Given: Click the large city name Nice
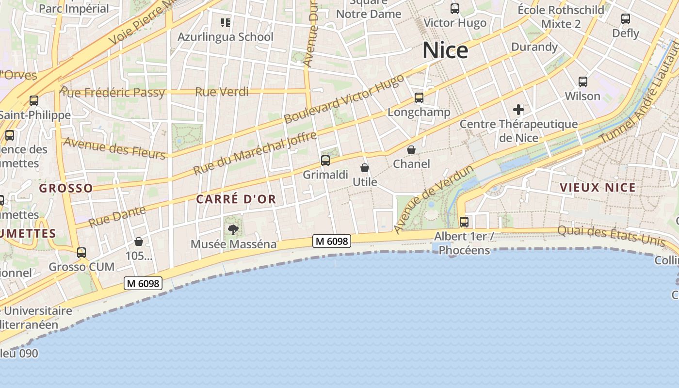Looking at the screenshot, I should coord(445,50).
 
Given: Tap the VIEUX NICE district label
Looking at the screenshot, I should coord(597,188).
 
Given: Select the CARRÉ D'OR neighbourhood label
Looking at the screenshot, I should coord(236,199).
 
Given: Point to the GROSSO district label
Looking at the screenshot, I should coord(66,188).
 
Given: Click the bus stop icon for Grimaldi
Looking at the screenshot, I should coord(325,161).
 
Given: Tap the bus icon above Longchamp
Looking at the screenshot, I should coord(419,98).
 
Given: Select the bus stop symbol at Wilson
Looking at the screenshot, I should coord(583,82).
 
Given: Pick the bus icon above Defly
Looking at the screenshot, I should coord(626,19).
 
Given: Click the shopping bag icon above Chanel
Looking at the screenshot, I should coord(411,150).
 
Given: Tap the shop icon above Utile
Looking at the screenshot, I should coord(365,168).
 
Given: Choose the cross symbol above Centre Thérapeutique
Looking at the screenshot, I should coord(518,110).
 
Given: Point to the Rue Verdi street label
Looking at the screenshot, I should coord(222,92).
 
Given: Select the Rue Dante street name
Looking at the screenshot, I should coord(117,217).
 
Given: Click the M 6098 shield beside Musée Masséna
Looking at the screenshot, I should coord(332,241).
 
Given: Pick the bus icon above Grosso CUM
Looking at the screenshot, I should coord(81,253).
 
